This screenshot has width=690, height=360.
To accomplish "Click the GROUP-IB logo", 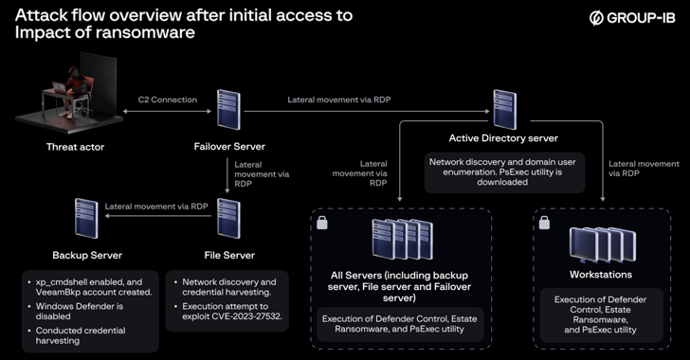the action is (632, 18).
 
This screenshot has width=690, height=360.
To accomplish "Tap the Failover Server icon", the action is (228, 110).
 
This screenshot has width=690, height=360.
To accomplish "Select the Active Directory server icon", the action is (504, 110).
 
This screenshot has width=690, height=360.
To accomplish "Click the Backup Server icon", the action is (86, 218).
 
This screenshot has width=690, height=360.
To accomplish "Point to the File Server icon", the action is (228, 218).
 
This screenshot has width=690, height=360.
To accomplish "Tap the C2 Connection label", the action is (168, 99).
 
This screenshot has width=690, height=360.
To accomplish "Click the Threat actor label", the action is (75, 147).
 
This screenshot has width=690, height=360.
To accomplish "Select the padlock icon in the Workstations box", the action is (544, 223).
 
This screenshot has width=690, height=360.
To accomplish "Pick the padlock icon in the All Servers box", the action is (322, 223).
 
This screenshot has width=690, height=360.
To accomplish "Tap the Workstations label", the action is (601, 275).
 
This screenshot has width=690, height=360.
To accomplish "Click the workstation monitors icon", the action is (603, 244).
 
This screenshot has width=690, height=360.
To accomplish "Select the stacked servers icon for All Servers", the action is (402, 239).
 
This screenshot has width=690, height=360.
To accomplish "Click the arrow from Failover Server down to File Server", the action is (227, 175).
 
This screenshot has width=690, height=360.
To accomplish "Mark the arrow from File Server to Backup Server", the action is (158, 216).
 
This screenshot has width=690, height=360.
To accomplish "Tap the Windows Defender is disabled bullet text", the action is (80, 311).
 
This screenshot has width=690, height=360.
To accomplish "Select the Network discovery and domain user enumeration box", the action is (505, 172).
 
